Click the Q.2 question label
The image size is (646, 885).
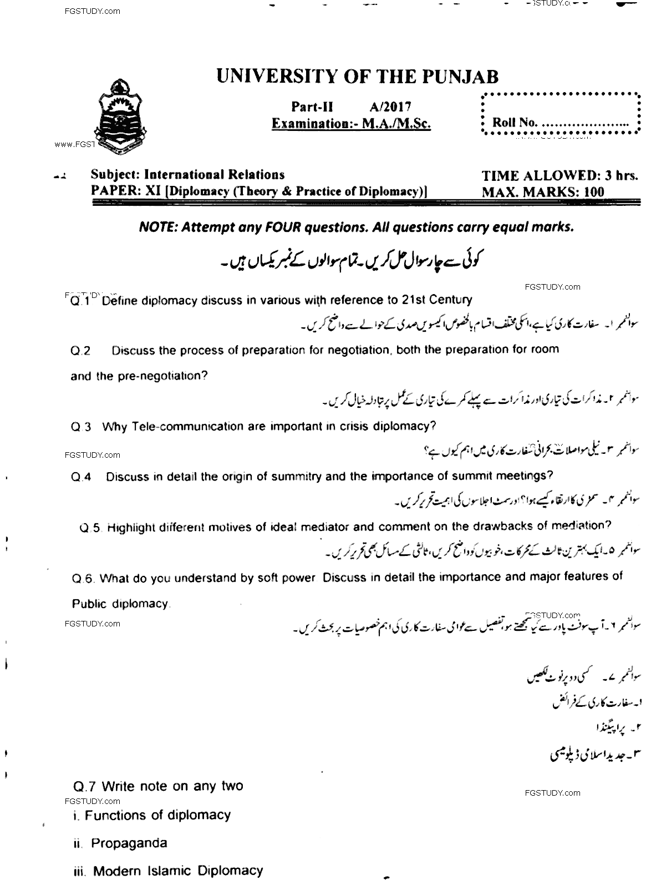point(80,351)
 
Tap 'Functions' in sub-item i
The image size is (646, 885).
point(115,815)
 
